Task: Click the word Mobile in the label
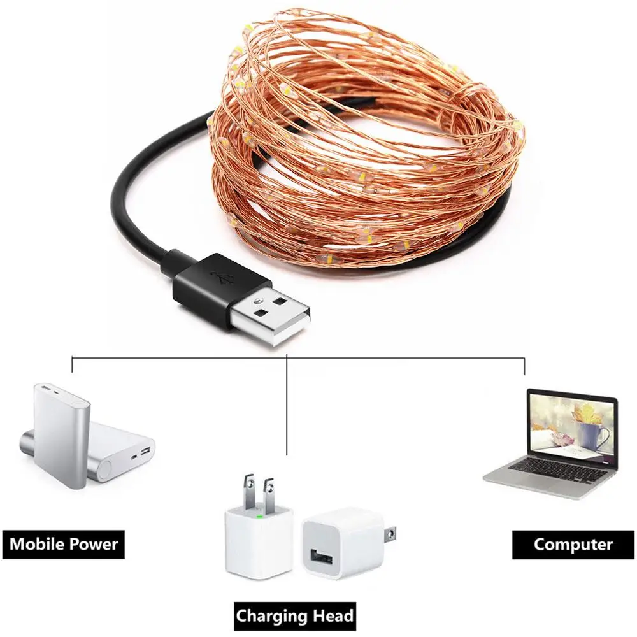(36, 543)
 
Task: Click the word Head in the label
(327, 615)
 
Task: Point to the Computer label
(573, 544)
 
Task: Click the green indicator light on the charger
(259, 517)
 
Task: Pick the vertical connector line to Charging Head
(287, 404)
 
